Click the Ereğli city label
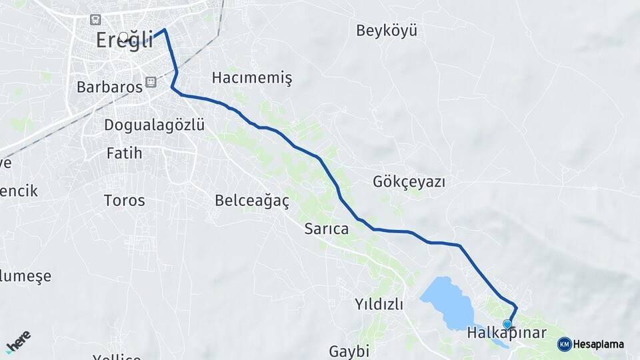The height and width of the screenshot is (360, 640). click(124, 39)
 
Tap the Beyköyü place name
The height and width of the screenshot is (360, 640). click(386, 31)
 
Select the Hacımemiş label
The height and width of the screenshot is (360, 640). click(251, 78)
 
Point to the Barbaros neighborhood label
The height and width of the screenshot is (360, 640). click(109, 87)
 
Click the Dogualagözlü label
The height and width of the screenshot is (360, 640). click(154, 125)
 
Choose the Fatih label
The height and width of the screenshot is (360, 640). click(124, 153)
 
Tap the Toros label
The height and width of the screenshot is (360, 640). click(124, 200)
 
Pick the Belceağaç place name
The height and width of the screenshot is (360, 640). click(251, 200)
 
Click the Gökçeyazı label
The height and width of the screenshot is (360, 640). click(409, 181)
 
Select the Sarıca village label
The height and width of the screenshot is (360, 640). click(326, 229)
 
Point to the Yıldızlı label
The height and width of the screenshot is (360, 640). click(379, 305)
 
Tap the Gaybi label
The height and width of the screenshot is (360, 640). click(349, 351)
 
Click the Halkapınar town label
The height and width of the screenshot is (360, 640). click(507, 333)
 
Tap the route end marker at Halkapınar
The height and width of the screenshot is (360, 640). click(507, 324)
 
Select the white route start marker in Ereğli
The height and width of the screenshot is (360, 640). click(124, 37)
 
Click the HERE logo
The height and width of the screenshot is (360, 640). click(18, 341)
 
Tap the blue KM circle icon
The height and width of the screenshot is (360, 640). click(564, 344)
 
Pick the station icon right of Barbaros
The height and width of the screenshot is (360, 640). click(151, 82)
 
